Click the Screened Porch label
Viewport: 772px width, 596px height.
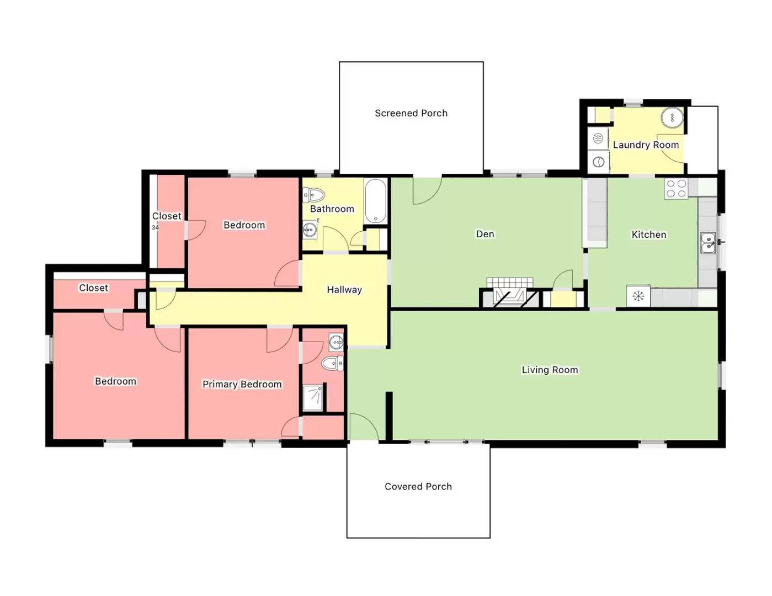(x=411, y=113)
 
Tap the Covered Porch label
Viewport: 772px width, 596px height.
(x=418, y=486)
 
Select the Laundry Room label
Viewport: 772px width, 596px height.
(x=646, y=145)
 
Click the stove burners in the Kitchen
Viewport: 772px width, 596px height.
(x=676, y=189)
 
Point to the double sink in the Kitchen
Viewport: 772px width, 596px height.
(x=707, y=243)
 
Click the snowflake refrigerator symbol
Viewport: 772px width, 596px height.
(x=638, y=296)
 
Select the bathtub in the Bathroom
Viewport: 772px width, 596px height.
(x=376, y=201)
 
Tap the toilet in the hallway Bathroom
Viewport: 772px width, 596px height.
(x=313, y=195)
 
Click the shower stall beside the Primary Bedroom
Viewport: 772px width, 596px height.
(x=313, y=397)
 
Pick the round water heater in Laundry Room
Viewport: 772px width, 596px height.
(x=672, y=117)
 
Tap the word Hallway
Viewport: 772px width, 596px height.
(x=344, y=290)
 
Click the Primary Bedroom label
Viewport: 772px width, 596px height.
(x=242, y=384)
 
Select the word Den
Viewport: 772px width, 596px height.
(x=485, y=234)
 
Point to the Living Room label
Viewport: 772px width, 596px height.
(x=550, y=370)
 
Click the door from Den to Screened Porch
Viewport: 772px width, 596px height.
(x=427, y=190)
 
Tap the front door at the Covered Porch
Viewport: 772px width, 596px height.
(x=363, y=428)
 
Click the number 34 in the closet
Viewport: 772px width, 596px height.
(x=155, y=227)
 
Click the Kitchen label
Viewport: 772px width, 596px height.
(x=648, y=235)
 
